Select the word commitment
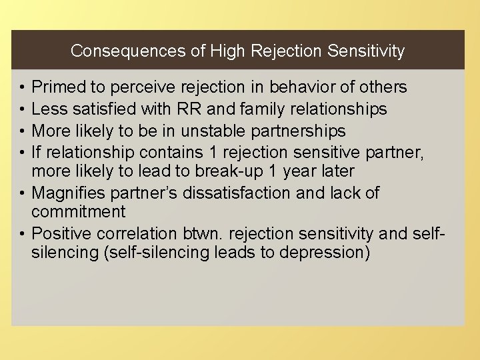(78, 212)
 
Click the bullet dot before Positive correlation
(22, 233)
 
